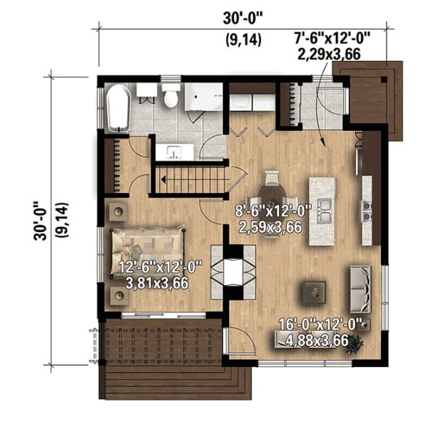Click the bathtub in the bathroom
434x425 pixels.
click(118, 108)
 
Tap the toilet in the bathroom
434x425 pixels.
click(170, 95)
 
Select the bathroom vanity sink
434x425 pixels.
click(174, 152)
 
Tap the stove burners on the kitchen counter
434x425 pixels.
click(368, 211)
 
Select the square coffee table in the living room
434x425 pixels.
click(314, 292)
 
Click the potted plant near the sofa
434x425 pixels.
click(354, 344)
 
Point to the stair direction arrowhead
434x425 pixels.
click(163, 180)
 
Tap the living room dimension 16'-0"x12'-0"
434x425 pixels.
click(321, 325)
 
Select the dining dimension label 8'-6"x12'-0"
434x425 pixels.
click(273, 211)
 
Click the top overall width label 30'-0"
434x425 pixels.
click(242, 19)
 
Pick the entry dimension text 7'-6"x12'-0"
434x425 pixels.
click(332, 38)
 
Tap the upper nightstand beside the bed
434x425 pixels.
click(119, 212)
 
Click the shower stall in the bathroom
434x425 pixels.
click(204, 97)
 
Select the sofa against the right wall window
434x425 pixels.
click(360, 289)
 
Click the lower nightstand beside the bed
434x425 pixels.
click(119, 296)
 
